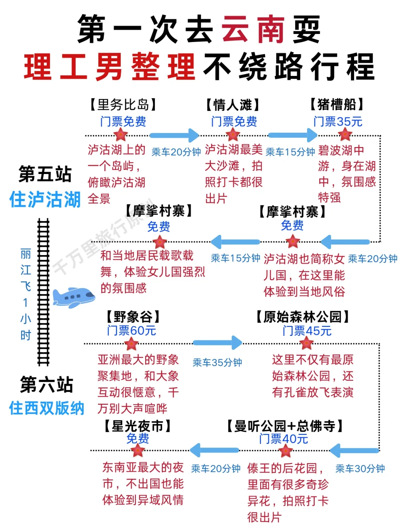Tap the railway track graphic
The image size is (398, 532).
tap(43, 291)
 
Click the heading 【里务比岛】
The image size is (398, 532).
tap(123, 105)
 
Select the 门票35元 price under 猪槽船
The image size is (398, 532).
tap(338, 121)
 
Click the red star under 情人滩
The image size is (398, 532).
tap(233, 135)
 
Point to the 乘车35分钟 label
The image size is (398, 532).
tap(217, 362)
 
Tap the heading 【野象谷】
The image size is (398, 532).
tap(133, 316)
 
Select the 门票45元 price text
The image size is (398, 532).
tap(307, 331)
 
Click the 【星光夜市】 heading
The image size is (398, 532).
tap(137, 426)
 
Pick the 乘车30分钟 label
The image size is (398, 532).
tap(360, 469)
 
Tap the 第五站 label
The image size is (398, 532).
tap(45, 174)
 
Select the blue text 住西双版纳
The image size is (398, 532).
tap(46, 408)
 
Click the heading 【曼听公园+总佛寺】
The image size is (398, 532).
tap(284, 426)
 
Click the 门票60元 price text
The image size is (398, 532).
tap(131, 330)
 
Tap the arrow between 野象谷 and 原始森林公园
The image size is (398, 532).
tap(217, 343)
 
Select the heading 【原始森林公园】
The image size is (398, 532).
tap(303, 316)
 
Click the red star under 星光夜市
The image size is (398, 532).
tap(138, 450)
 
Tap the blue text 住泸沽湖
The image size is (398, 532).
tap(45, 199)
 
